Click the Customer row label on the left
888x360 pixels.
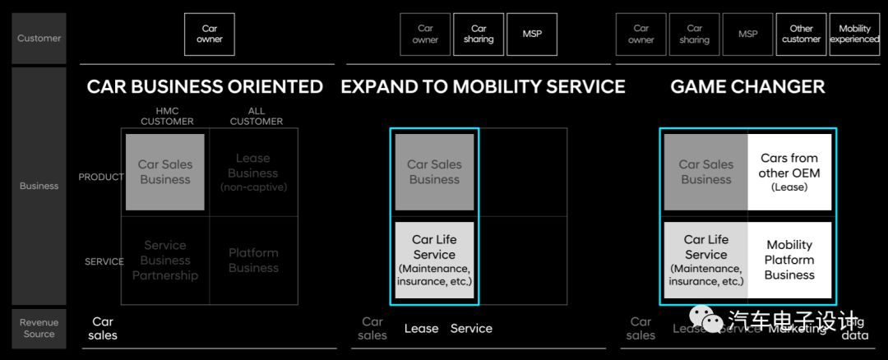coord(39,38)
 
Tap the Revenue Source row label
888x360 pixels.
coord(39,329)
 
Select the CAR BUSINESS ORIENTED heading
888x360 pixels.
coord(205,86)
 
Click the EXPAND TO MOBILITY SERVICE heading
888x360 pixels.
coord(483,86)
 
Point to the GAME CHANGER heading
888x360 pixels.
coord(747,86)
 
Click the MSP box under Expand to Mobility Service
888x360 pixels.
coord(531,35)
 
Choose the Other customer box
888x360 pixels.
coord(801,35)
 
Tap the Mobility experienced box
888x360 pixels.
coord(854,35)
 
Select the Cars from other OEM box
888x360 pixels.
coord(789,172)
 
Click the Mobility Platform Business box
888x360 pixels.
coord(789,260)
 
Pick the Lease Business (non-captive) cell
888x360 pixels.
coord(253,172)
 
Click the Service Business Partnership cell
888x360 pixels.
coord(165,260)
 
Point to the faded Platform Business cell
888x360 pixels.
coord(253,260)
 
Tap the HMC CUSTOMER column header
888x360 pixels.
coord(167,116)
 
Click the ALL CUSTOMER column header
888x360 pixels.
coord(256,116)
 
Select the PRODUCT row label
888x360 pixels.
coord(101,177)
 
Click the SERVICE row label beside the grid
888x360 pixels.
coord(104,261)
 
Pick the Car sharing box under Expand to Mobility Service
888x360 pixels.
coord(479,35)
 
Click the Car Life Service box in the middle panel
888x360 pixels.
coord(434,260)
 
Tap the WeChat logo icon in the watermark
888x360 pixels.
coord(705,317)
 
